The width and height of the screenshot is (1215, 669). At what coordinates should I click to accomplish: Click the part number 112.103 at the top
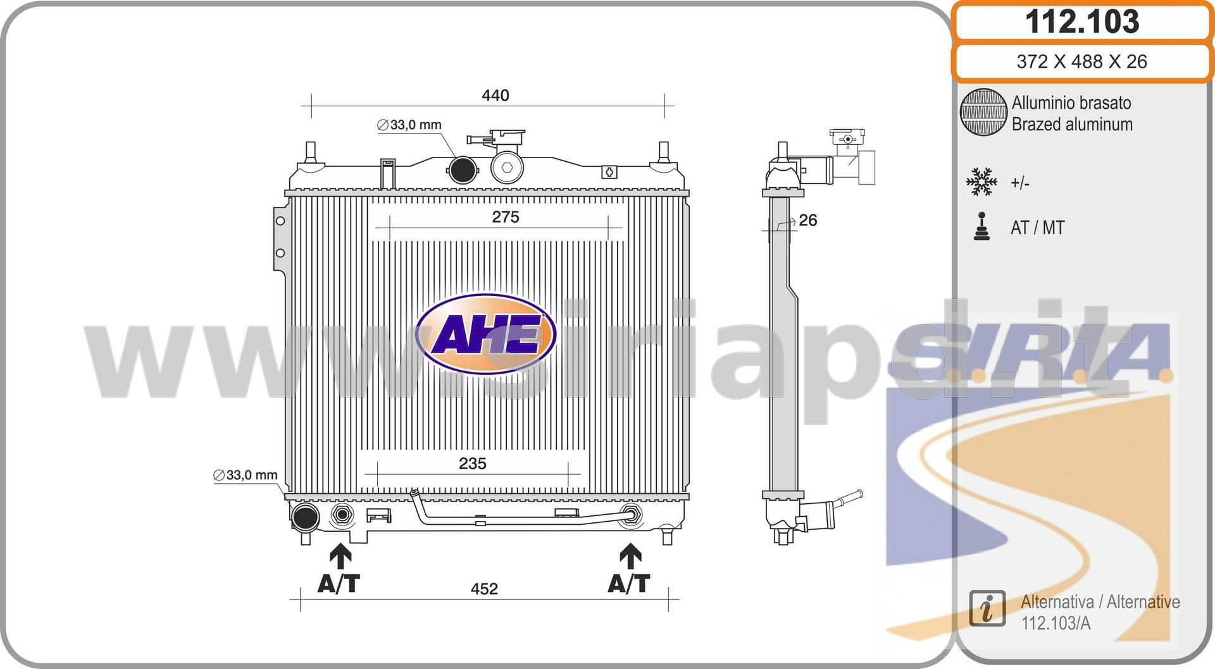point(1082,21)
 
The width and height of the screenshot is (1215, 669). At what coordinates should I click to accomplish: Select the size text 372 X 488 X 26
point(1081,61)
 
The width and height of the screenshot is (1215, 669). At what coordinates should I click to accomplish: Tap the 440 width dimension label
point(495,95)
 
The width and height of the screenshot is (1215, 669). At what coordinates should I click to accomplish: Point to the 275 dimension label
point(506,217)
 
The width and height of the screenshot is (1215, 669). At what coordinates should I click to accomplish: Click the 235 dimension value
point(473,463)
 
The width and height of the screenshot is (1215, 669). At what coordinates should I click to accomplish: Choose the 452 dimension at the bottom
point(484,589)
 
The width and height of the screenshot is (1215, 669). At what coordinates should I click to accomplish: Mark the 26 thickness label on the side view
point(808,220)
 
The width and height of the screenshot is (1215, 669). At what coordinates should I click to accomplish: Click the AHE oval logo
point(486,334)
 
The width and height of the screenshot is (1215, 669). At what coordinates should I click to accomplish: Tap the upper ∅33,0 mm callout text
point(409,125)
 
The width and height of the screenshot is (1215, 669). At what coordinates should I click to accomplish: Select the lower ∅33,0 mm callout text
point(246,475)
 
